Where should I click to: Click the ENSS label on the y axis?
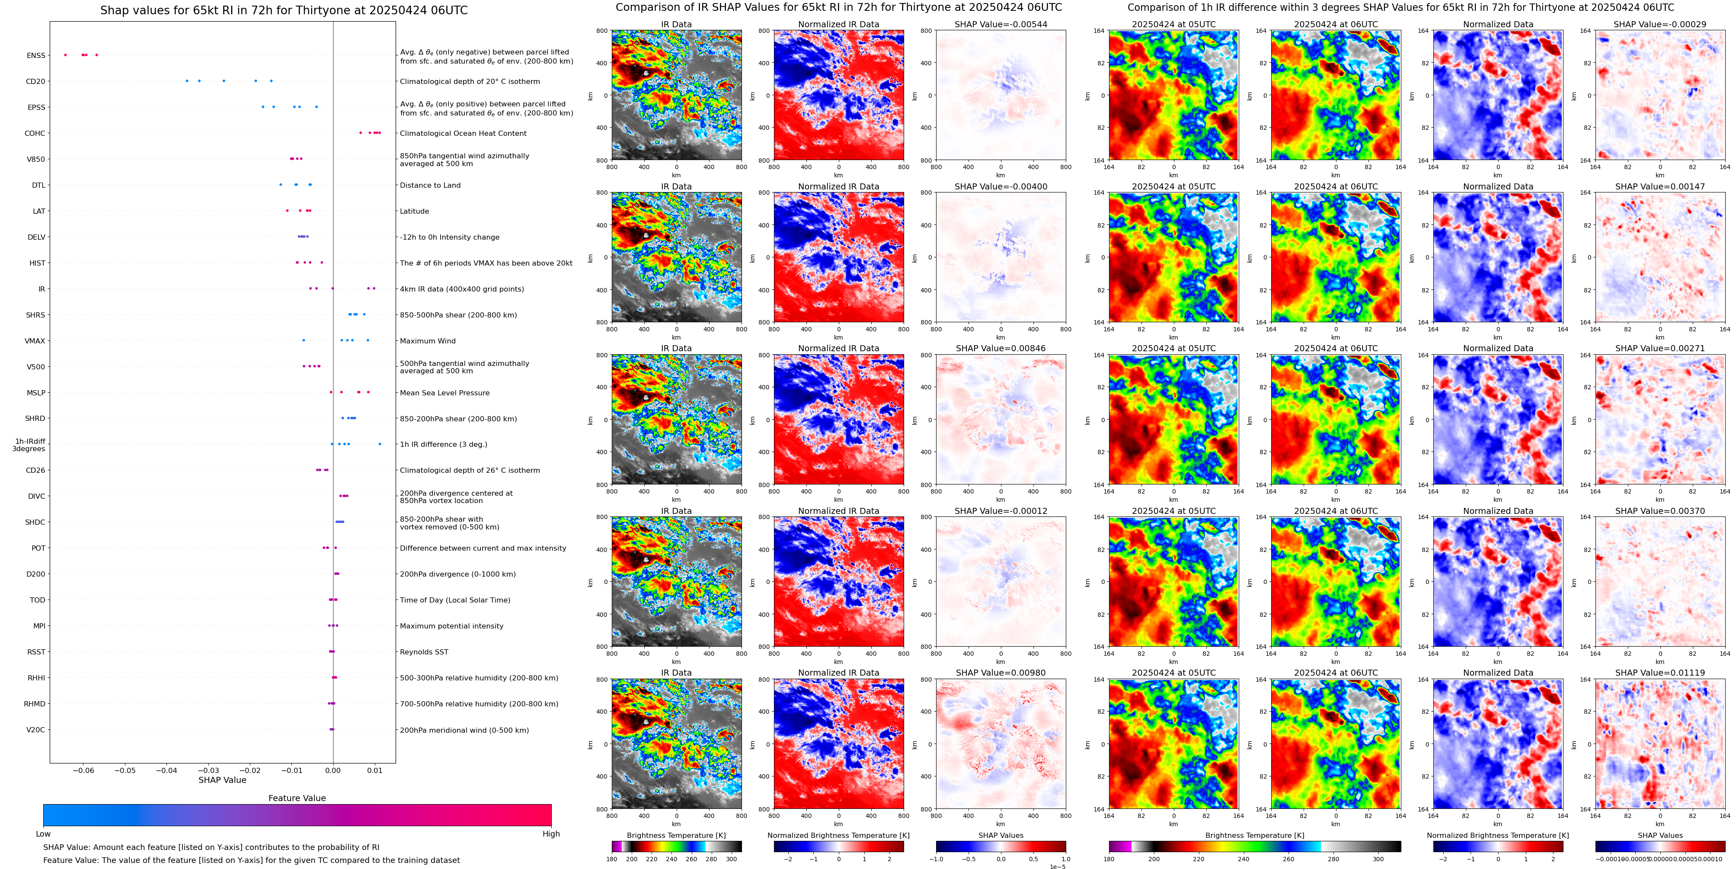tap(36, 55)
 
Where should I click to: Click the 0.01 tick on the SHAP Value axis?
tap(375, 770)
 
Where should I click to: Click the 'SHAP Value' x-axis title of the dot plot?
tap(222, 780)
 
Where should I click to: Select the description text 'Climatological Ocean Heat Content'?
tap(463, 134)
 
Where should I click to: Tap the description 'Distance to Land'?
tap(430, 186)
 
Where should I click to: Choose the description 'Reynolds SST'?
tap(424, 652)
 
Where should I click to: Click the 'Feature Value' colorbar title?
tap(297, 798)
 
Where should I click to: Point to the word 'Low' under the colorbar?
tap(43, 834)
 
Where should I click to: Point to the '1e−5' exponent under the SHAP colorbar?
tap(1057, 866)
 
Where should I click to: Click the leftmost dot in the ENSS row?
tap(65, 55)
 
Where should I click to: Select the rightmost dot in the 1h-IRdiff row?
tap(380, 444)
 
